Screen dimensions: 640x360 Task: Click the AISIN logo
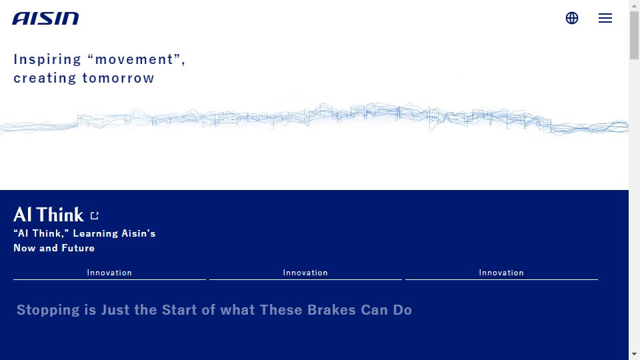(45, 19)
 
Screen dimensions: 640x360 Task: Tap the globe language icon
(572, 18)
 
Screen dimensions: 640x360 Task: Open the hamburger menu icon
(605, 18)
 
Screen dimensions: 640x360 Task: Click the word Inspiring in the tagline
(47, 59)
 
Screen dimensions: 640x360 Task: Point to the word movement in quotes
(134, 59)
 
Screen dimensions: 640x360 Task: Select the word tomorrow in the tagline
(119, 78)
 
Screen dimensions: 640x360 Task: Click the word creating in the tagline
(45, 78)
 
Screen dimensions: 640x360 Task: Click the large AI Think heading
(49, 215)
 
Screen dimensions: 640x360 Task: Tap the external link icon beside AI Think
(95, 215)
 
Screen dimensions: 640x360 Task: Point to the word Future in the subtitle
(78, 248)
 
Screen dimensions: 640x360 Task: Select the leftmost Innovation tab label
(109, 273)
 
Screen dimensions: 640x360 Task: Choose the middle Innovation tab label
(305, 273)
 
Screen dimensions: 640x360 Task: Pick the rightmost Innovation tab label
(501, 273)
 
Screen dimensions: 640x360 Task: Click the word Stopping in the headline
(48, 310)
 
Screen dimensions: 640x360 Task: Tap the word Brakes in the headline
(331, 310)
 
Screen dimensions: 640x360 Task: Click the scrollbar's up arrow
(634, 6)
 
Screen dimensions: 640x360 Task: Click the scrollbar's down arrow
(634, 354)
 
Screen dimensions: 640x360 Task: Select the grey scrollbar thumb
(634, 35)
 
